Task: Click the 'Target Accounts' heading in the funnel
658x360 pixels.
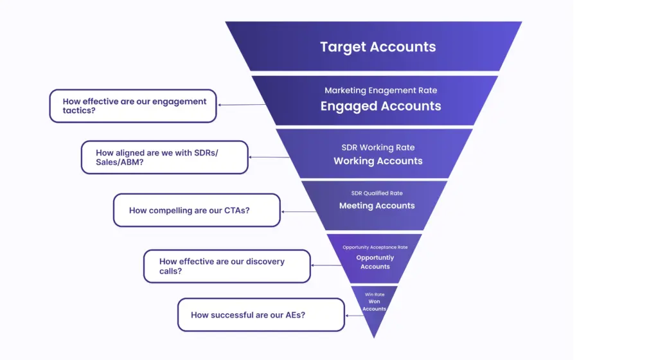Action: (378, 47)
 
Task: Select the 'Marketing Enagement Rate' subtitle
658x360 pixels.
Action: (380, 91)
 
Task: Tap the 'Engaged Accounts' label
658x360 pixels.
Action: (380, 106)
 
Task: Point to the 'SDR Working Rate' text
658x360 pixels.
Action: (378, 147)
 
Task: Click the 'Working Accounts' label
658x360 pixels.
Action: (378, 161)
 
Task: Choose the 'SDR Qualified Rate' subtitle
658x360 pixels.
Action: (377, 193)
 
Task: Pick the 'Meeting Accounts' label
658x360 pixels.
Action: (377, 206)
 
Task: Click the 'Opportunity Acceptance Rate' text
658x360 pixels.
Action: (375, 247)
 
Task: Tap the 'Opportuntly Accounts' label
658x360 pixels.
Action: (375, 262)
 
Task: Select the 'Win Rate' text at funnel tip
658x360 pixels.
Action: (375, 294)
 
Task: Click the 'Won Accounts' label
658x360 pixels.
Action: (374, 305)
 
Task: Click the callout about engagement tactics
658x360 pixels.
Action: (133, 106)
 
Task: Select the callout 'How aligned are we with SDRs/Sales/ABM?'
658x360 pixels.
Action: (164, 157)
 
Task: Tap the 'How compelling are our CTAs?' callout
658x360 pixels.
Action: (197, 210)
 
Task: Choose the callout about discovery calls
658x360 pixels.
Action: (226, 266)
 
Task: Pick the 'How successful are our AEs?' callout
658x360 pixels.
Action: (261, 315)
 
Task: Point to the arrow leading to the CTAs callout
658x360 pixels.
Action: (299, 211)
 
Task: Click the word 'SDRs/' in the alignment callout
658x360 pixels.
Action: (213, 152)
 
